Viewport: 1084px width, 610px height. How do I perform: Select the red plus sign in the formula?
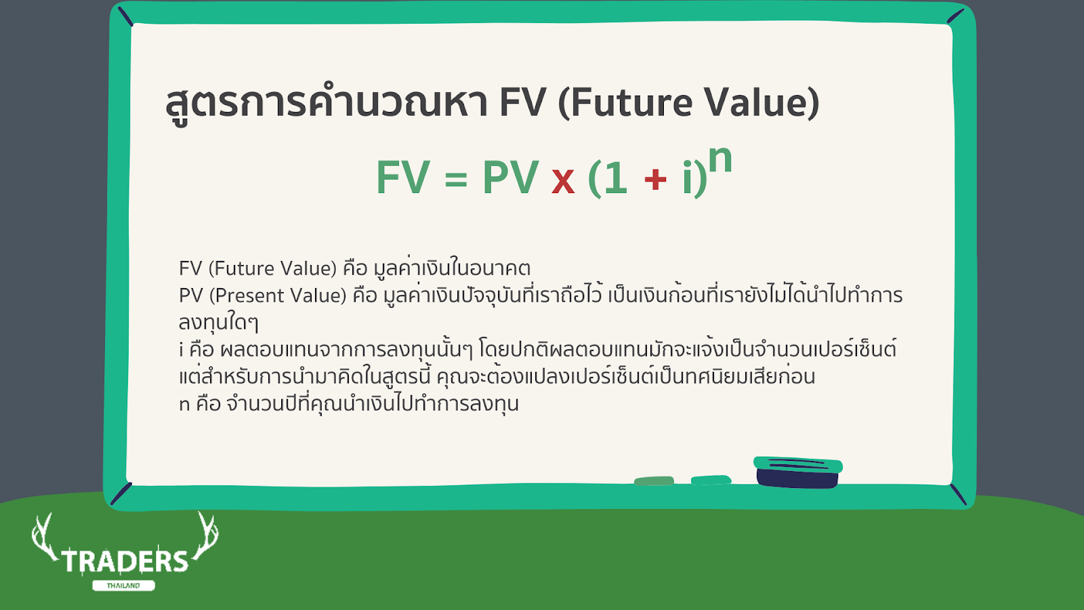(x=655, y=179)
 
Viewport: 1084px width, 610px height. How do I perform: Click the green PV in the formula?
(x=511, y=177)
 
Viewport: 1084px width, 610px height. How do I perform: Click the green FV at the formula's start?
(x=403, y=177)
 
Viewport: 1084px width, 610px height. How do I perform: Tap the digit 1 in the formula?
(x=616, y=178)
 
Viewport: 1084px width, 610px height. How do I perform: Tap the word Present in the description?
(x=248, y=296)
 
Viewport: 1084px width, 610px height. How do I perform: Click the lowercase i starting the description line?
(x=181, y=349)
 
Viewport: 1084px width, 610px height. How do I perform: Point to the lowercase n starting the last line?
(x=184, y=405)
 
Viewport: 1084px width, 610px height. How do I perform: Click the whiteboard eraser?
(x=798, y=472)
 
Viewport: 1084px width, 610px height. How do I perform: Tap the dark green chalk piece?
(x=654, y=481)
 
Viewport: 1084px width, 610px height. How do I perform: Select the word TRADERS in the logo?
(x=125, y=562)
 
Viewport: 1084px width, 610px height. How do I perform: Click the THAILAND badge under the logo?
(x=123, y=586)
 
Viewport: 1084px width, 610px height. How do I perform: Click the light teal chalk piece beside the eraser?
(x=711, y=480)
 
